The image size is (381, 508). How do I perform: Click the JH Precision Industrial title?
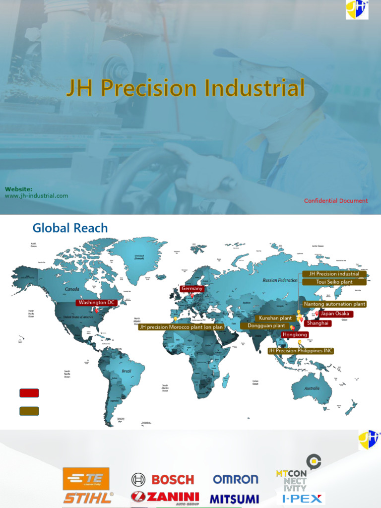pos(186,88)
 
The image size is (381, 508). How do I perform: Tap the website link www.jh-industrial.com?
pos(37,195)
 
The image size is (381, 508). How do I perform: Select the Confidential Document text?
pos(336,201)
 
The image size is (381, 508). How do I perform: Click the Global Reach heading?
pos(70,228)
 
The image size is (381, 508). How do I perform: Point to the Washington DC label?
pos(98,302)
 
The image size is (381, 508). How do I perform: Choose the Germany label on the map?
pos(192,289)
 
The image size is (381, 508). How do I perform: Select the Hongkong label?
pos(295,335)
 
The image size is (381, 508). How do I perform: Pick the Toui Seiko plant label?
pos(334,282)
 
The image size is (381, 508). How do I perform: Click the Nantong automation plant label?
pos(334,304)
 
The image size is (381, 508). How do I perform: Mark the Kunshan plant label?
pos(275,318)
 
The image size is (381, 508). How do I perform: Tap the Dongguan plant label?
pos(266,326)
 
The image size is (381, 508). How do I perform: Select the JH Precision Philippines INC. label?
pos(301,351)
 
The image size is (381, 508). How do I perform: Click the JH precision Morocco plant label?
pos(181,327)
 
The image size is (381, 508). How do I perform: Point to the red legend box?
pos(29,393)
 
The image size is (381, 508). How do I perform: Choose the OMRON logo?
pos(236,479)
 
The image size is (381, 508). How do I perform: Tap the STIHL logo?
pos(88,498)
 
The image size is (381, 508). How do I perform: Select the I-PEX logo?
pos(301,499)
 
